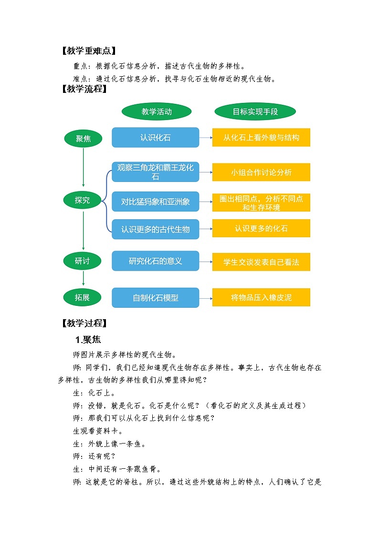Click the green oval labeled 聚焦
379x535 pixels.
83,139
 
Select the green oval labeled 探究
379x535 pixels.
83,200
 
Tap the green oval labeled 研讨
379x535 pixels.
83,261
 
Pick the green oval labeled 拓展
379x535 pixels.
83,298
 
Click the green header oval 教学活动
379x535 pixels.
157,111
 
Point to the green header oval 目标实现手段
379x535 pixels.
255,111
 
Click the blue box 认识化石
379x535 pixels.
156,138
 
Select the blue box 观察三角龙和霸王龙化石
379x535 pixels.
156,172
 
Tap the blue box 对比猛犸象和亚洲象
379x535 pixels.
156,202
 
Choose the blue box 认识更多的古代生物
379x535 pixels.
156,229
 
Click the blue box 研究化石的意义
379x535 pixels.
156,261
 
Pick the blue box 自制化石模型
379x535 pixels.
156,298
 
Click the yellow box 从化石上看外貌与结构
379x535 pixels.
261,138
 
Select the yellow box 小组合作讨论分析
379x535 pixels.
261,172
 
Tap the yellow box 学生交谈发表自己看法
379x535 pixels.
261,262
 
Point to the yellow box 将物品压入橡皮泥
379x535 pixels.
261,298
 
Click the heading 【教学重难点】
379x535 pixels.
89,51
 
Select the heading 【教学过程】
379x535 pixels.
84,323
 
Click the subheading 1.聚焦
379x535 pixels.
88,340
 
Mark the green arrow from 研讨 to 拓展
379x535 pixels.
83,278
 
